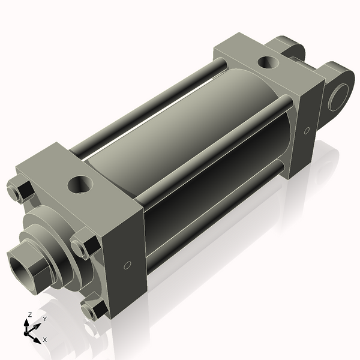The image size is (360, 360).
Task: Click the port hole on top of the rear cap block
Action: [266, 61]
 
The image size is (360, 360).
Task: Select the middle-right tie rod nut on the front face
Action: [85, 246]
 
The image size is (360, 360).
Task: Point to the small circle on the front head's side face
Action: [127, 265]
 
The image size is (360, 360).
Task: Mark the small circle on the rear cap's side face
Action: [307, 130]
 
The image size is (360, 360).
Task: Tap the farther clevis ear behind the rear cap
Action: [287, 47]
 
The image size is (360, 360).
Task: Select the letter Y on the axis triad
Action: [44, 319]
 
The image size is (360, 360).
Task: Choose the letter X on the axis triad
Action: [44, 340]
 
